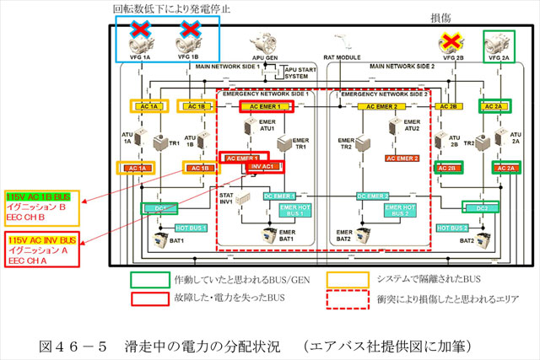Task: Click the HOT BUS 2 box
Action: tap(452, 228)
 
